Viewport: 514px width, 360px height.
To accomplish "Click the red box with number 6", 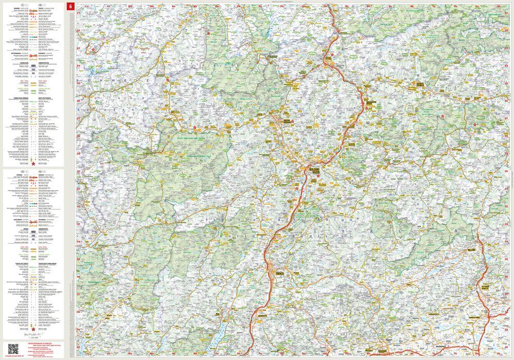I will pyautogui.click(x=70, y=6).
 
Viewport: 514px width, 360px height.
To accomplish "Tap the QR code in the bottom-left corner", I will pyautogui.click(x=13, y=349).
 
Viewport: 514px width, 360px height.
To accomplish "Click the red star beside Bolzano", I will pyautogui.click(x=318, y=176).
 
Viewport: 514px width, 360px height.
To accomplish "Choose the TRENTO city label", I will pyautogui.click(x=280, y=267).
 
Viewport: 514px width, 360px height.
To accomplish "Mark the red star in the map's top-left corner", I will pyautogui.click(x=94, y=50).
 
